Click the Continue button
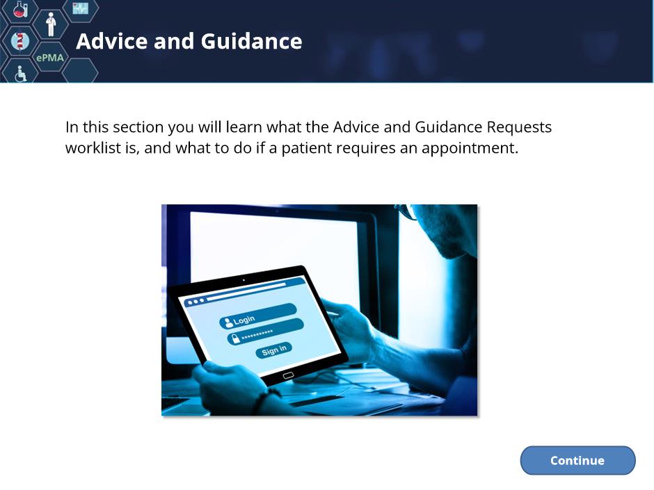(x=577, y=460)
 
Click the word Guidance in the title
(x=251, y=41)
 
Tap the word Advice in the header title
(x=112, y=41)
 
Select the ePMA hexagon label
(x=50, y=58)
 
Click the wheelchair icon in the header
(x=20, y=74)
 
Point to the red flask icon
(x=20, y=9)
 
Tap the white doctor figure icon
(x=51, y=24)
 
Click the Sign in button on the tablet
(x=274, y=350)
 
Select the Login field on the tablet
(x=257, y=316)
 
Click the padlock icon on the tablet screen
(x=236, y=338)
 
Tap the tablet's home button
(x=288, y=375)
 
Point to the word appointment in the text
(x=470, y=148)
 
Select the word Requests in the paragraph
(x=519, y=127)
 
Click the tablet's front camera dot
(x=244, y=280)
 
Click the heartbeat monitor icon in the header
(x=80, y=8)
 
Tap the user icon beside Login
(x=228, y=322)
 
